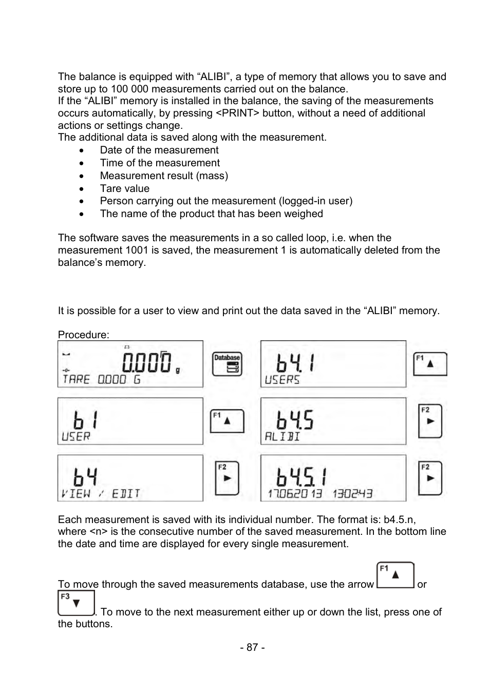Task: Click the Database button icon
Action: click(x=227, y=363)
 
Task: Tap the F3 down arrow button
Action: click(x=76, y=603)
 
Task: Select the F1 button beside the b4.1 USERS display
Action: click(x=430, y=363)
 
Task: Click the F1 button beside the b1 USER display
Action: click(x=227, y=421)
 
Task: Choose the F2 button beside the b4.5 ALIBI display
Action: click(x=430, y=421)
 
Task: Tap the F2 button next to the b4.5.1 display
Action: click(x=430, y=478)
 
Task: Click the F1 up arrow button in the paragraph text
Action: click(x=395, y=575)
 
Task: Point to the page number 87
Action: click(x=252, y=647)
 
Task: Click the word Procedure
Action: click(x=83, y=335)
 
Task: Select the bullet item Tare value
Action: click(x=124, y=188)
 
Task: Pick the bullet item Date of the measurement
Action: click(x=159, y=150)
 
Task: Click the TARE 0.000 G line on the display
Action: click(x=101, y=379)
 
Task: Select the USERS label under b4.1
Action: click(x=282, y=380)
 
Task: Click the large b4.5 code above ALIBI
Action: click(x=294, y=420)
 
